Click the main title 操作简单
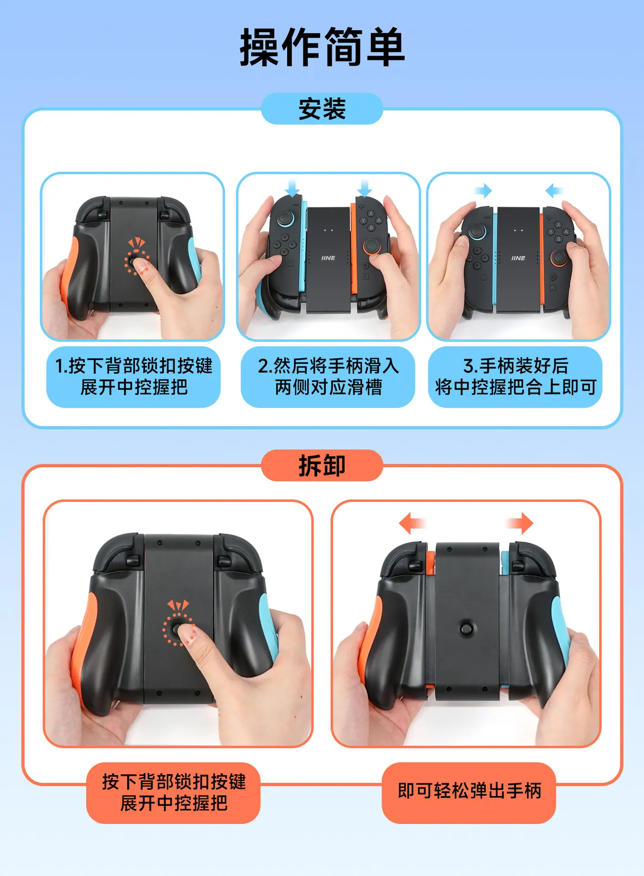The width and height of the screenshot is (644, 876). tap(322, 47)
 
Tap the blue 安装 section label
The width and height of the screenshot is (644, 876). tap(322, 109)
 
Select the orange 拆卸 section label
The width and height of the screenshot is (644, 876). tap(322, 465)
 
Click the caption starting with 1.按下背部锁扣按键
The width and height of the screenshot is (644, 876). tap(134, 377)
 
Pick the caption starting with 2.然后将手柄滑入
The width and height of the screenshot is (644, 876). tap(328, 377)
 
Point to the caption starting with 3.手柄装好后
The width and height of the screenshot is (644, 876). tap(515, 377)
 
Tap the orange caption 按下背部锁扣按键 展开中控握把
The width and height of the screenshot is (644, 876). tap(174, 793)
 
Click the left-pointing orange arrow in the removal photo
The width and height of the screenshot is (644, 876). tap(412, 523)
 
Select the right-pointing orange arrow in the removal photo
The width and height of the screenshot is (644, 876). tap(520, 523)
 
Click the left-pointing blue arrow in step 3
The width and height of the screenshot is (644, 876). tap(554, 190)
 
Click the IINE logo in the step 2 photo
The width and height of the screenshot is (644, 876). tap(328, 258)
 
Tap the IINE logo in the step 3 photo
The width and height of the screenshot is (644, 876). tap(518, 258)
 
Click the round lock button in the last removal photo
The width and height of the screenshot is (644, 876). tap(466, 628)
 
